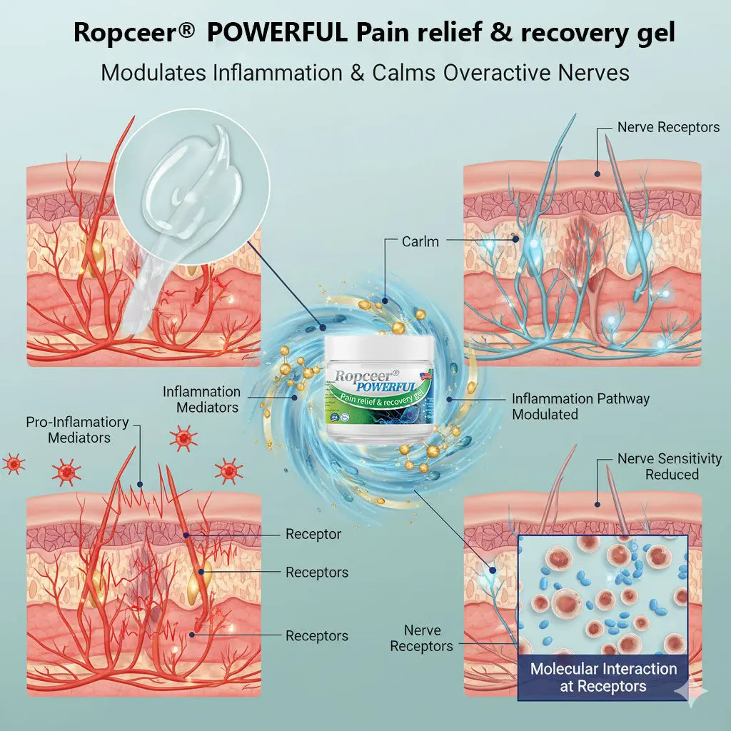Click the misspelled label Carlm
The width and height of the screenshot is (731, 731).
(421, 241)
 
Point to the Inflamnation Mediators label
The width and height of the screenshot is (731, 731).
(201, 400)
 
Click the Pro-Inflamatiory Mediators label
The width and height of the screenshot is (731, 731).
(77, 429)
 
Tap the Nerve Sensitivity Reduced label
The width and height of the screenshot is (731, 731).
(669, 466)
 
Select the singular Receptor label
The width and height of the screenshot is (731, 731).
(313, 534)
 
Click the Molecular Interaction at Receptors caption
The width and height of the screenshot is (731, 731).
(603, 677)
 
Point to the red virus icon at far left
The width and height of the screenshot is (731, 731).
(13, 464)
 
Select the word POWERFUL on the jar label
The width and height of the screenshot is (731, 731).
(386, 384)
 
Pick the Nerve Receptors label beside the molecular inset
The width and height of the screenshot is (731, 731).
(421, 638)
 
